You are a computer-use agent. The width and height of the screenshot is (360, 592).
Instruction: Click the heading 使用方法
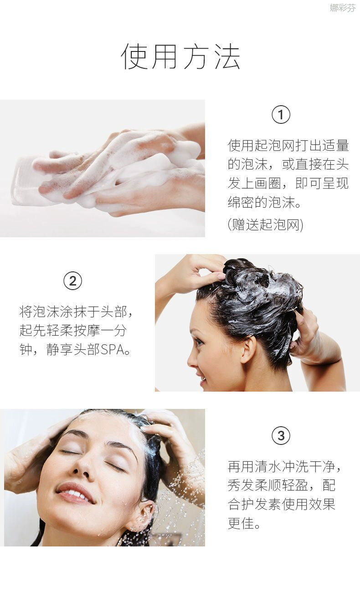pyautogui.click(x=180, y=56)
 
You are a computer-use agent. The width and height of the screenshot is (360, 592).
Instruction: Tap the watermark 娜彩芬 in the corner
pyautogui.click(x=343, y=8)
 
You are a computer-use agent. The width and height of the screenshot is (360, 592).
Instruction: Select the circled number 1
pyautogui.click(x=281, y=115)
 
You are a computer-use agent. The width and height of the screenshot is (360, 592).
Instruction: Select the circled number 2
pyautogui.click(x=73, y=281)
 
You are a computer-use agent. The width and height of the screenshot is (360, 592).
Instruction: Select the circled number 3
pyautogui.click(x=281, y=435)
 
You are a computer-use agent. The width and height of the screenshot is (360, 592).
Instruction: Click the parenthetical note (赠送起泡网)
pyautogui.click(x=265, y=225)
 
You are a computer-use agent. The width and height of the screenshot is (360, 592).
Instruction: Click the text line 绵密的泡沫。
pyautogui.click(x=264, y=203)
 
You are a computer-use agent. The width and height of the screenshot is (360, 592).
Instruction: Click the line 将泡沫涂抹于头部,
pyautogui.click(x=76, y=311)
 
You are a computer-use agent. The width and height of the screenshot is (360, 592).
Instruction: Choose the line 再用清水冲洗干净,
pyautogui.click(x=284, y=466)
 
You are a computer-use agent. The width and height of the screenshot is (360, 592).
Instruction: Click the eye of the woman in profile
pyautogui.click(x=199, y=343)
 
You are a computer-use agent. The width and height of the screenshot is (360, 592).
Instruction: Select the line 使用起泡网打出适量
pyautogui.click(x=288, y=145)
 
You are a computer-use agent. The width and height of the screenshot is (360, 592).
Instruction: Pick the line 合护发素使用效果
pyautogui.click(x=282, y=504)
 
